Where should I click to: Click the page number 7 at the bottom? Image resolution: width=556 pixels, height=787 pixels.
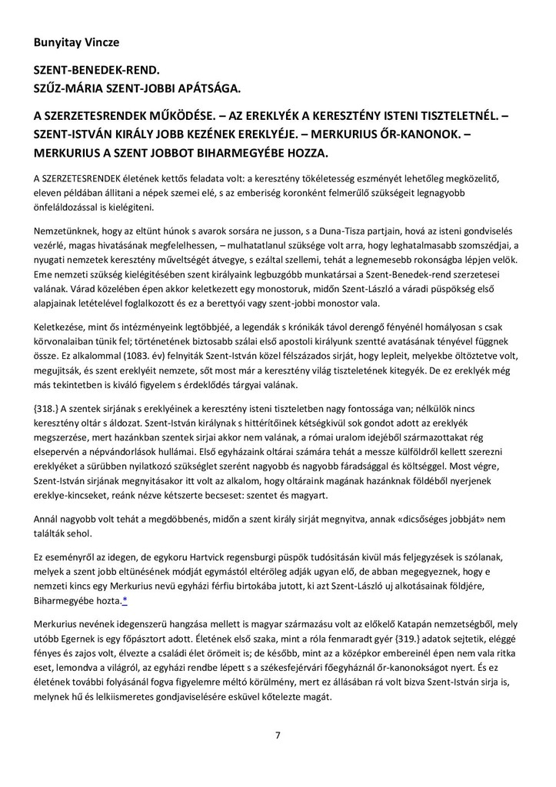(x=278, y=735)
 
